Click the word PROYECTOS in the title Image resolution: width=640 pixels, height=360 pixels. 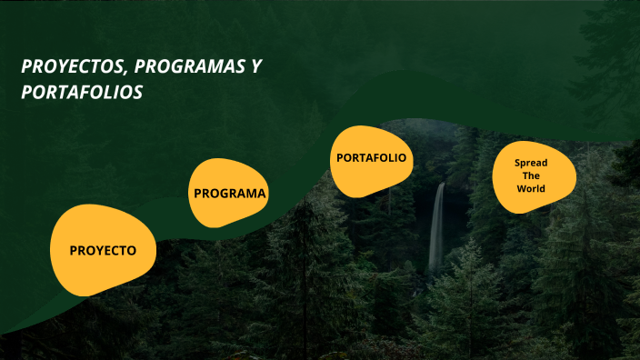point(70,67)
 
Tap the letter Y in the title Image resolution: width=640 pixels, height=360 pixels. point(257,67)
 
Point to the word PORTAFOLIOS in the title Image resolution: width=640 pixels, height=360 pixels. point(82,93)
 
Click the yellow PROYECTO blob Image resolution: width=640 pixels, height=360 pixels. point(102,250)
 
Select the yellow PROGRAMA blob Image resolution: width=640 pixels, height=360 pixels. point(229,194)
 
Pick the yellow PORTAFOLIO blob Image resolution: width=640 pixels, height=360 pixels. point(371,160)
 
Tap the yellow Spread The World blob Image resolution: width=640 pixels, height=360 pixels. point(534,178)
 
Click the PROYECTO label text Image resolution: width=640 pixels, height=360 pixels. point(103,250)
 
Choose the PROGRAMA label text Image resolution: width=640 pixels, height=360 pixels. point(230,194)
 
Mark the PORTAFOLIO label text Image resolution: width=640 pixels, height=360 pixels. point(371,158)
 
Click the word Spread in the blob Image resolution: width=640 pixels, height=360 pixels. point(531,163)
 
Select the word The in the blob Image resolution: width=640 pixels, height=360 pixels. point(531,175)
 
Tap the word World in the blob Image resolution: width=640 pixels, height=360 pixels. point(531,189)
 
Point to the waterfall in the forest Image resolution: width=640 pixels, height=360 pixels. point(437,227)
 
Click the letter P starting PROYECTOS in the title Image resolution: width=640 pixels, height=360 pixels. point(25,67)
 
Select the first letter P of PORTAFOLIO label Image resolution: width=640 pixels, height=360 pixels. point(340,158)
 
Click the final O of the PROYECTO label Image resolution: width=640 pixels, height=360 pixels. point(131,250)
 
